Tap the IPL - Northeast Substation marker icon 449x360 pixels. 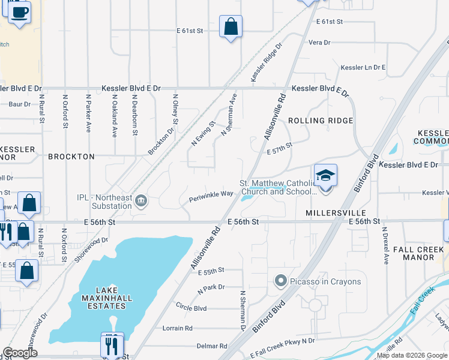[x=141, y=200]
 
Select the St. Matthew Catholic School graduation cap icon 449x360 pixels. [x=325, y=175]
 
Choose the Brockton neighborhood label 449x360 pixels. [x=71, y=157]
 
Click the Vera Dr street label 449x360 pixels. [x=319, y=43]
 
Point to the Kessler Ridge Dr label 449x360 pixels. [x=267, y=62]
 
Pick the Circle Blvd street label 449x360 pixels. [x=191, y=308]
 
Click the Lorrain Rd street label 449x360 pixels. [x=178, y=328]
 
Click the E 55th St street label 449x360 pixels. [x=211, y=272]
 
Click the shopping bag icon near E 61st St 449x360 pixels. [x=231, y=27]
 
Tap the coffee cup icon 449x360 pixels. [x=19, y=12]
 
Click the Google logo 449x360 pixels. [x=20, y=353]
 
